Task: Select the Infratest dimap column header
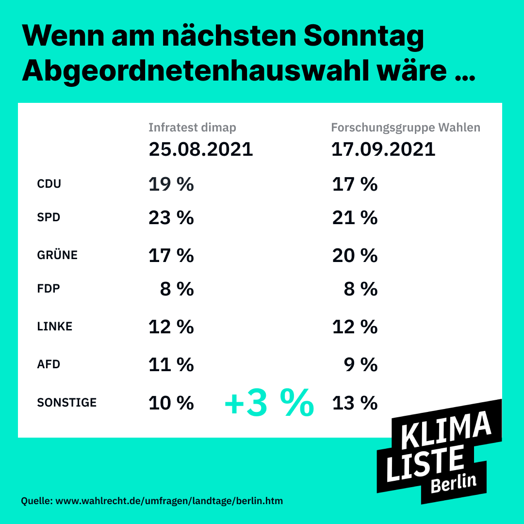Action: [192, 128]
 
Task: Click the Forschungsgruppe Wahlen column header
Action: [406, 128]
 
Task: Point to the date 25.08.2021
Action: [201, 149]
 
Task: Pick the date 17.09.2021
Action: [383, 149]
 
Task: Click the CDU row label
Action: [49, 184]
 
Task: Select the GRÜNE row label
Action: [57, 255]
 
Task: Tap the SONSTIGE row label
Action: [67, 403]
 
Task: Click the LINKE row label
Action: [55, 327]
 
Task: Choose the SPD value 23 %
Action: [171, 218]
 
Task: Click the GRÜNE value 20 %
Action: [355, 255]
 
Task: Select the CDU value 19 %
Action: [171, 184]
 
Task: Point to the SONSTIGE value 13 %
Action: [355, 403]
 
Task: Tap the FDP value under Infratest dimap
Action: [177, 290]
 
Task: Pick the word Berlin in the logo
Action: [453, 483]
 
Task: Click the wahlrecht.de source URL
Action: [169, 500]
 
